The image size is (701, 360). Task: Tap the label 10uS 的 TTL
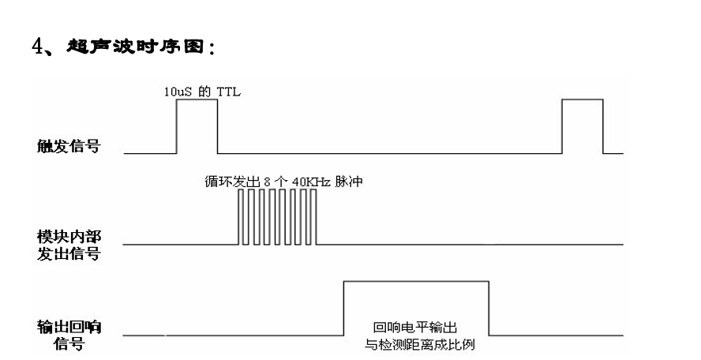[x=197, y=92]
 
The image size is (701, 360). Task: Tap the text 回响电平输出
[x=409, y=326]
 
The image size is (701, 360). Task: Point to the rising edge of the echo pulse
[x=343, y=308]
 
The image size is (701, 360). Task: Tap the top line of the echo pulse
[x=416, y=280]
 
